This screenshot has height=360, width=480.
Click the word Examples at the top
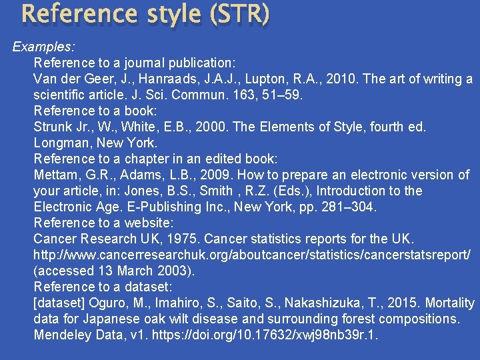(x=43, y=47)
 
